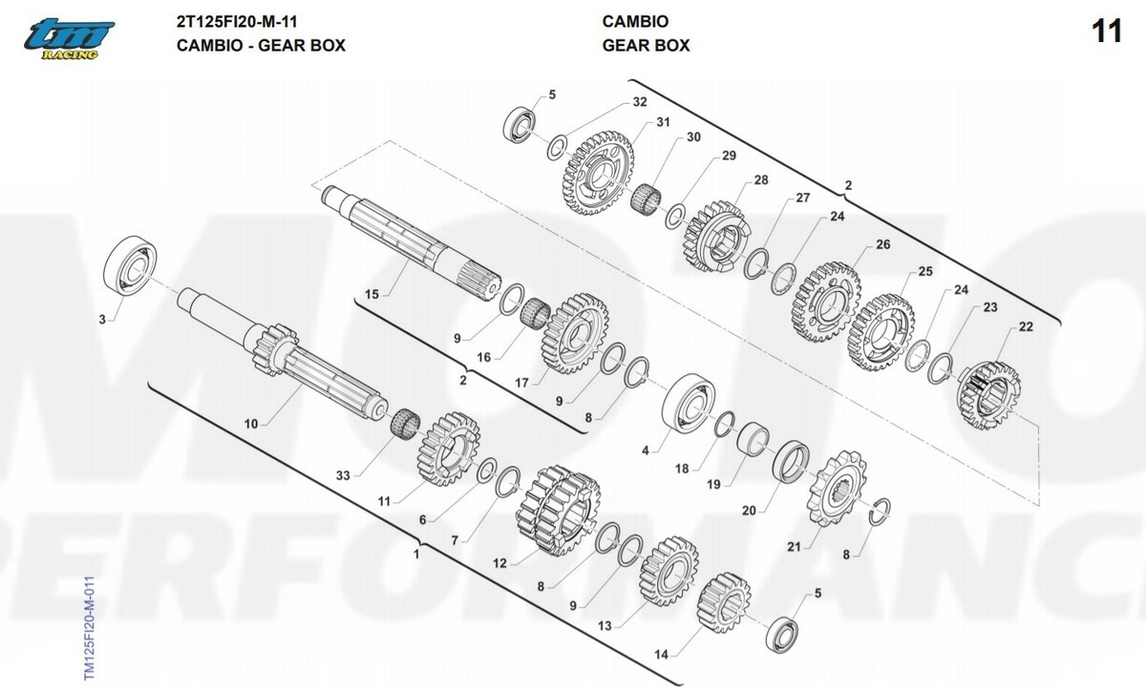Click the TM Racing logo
point(69,39)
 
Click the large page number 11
point(1107,31)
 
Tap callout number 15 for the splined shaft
point(371,294)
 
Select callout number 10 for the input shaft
point(251,424)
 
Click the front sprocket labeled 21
point(837,489)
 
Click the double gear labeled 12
point(558,510)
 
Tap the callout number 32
point(640,102)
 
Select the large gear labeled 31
point(598,173)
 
